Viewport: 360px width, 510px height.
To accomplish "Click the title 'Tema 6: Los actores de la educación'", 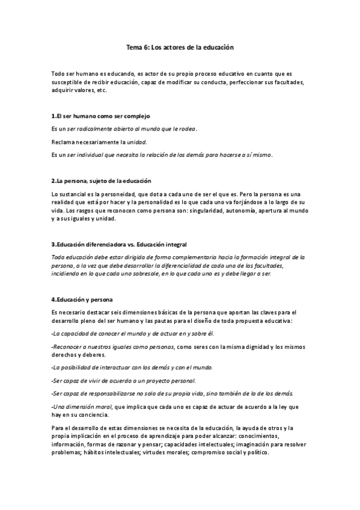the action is click(180, 46).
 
